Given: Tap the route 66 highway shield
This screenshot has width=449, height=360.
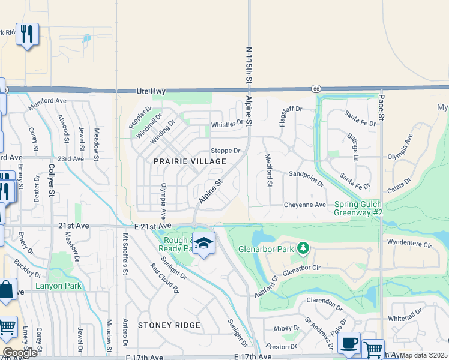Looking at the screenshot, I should point(316,89).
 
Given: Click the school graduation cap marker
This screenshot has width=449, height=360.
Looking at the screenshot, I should point(204,243).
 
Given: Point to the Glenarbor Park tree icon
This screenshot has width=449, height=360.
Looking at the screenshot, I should point(303,247).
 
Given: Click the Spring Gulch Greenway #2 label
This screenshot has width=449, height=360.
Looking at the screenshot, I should point(358,208).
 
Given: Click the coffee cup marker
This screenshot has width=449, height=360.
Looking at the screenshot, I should point(349,344).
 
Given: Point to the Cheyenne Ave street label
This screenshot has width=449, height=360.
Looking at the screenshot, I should point(305,205).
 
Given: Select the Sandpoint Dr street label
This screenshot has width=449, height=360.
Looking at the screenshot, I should point(306,177).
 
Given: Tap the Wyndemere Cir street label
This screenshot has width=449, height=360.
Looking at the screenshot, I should point(410,245).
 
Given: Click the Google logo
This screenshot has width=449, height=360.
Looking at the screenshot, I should point(19,353).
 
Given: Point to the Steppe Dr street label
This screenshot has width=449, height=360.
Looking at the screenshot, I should point(225,151).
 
